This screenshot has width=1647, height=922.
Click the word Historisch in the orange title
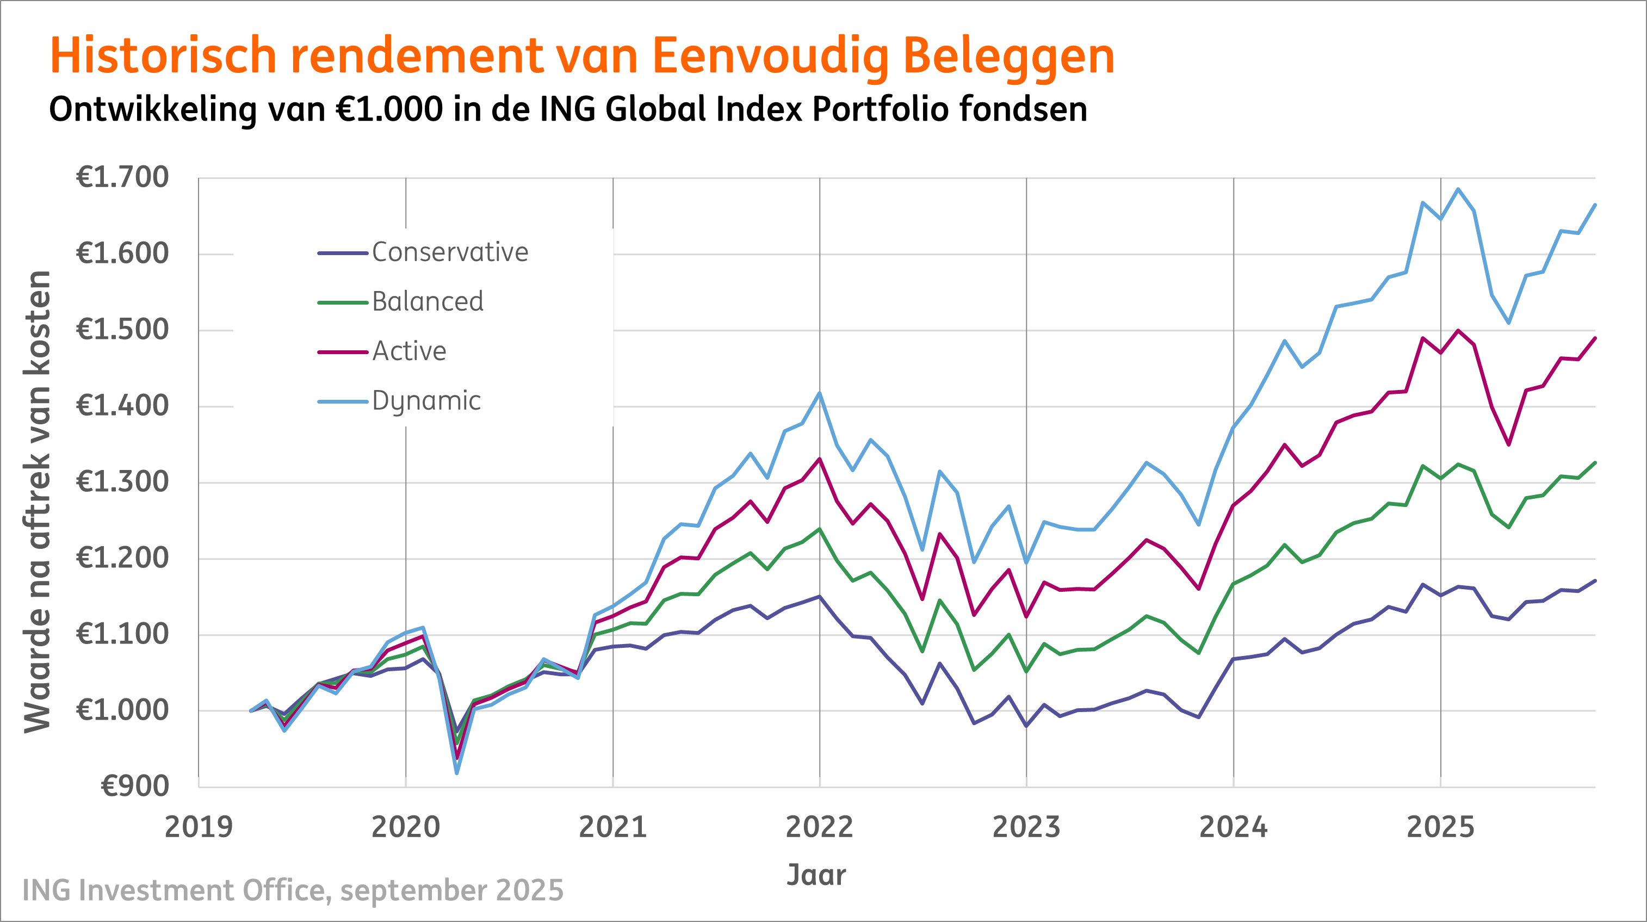163,56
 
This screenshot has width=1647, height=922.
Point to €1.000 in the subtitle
389,109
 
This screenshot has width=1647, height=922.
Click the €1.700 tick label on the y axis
122,178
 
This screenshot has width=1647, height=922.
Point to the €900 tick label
135,787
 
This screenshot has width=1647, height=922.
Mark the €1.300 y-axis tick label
122,482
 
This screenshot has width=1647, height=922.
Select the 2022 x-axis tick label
819,827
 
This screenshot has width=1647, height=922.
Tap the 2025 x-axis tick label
1440,827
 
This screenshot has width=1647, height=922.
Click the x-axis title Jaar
816,875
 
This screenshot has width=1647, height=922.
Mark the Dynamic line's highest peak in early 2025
1458,189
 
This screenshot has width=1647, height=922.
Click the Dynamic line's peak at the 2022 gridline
820,393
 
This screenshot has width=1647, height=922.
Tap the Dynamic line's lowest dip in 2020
457,773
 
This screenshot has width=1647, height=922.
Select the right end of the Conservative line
1595,580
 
